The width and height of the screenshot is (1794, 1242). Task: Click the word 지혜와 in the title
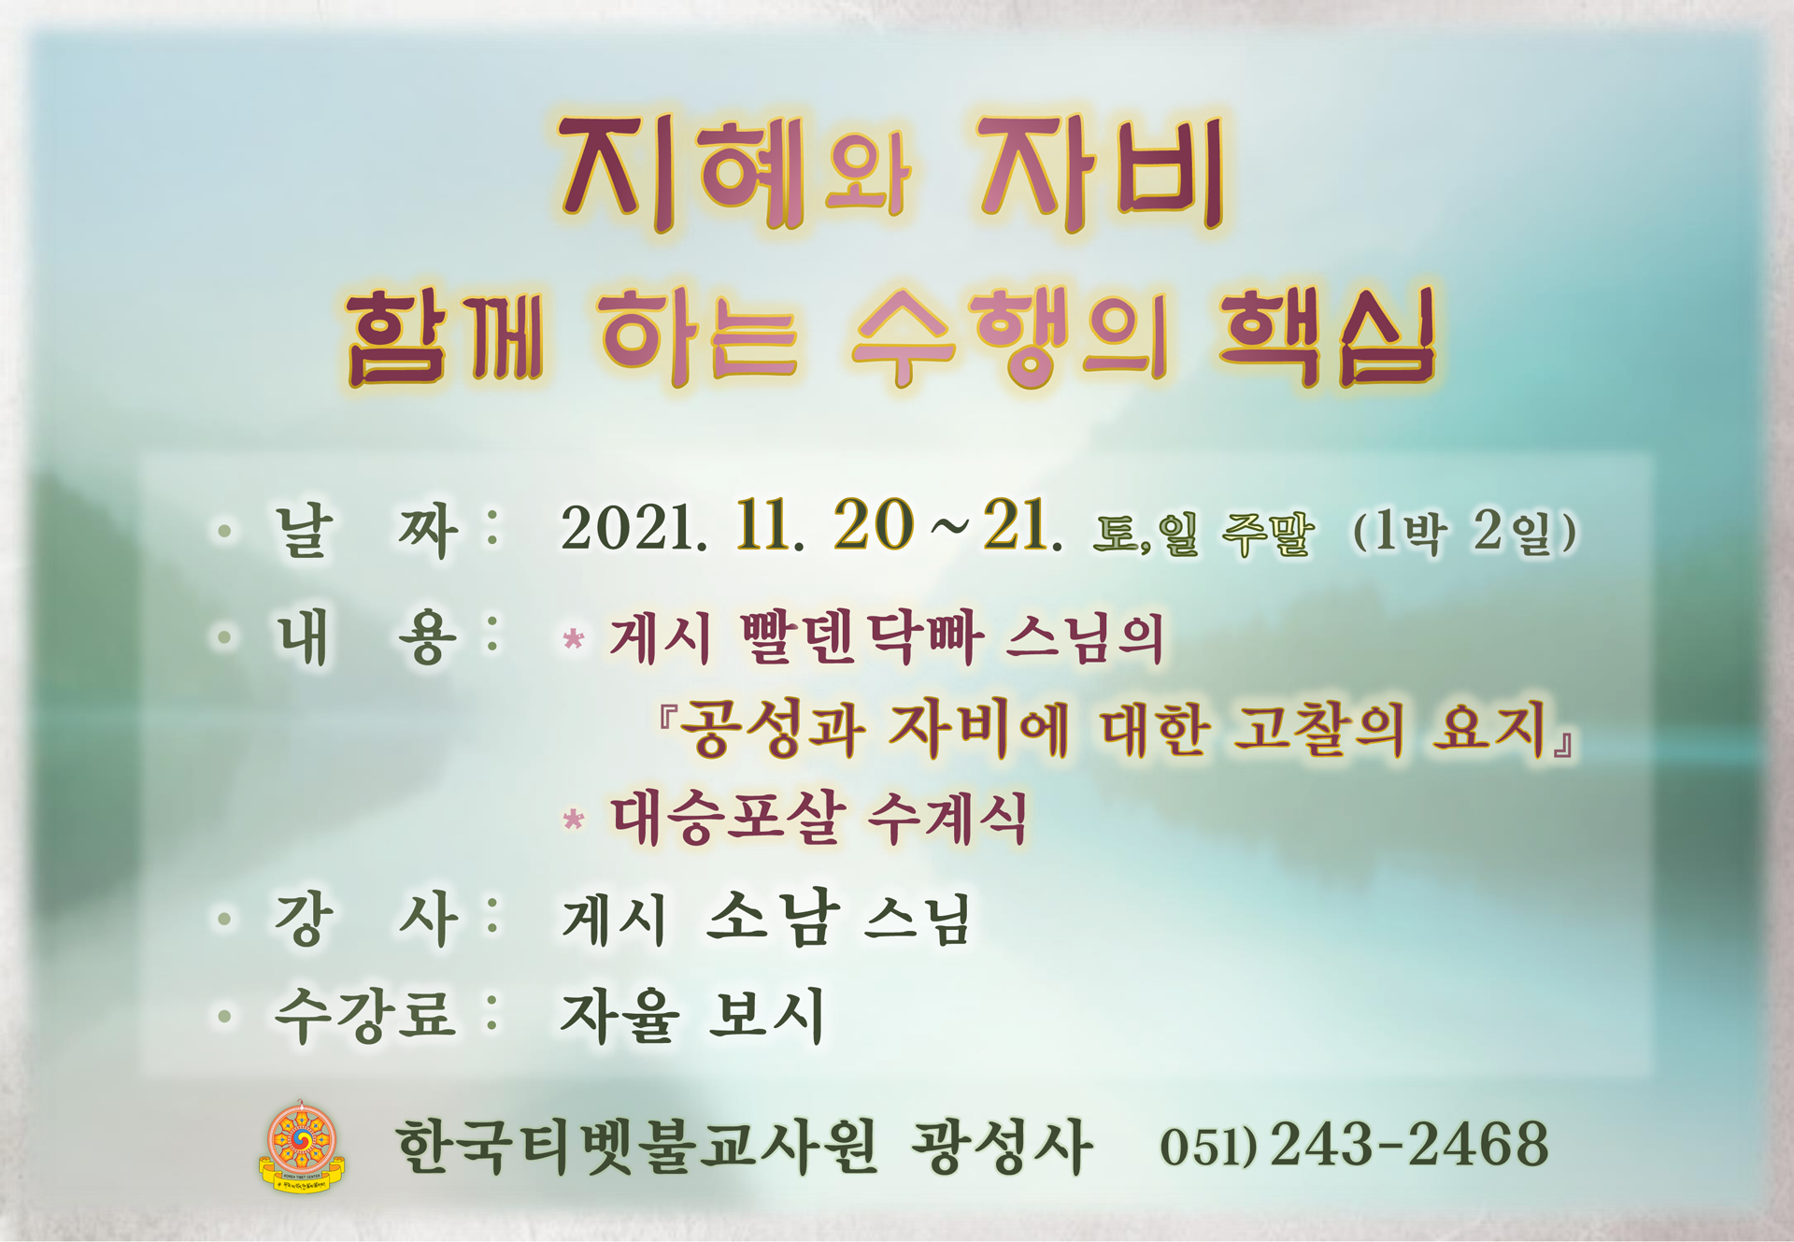(x=733, y=175)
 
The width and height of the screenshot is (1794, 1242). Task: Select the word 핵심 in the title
(x=1327, y=335)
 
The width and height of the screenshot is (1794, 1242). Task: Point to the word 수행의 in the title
(x=1009, y=335)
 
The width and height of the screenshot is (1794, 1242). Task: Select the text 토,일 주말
(x=1203, y=534)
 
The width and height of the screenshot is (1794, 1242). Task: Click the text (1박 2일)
(x=1464, y=532)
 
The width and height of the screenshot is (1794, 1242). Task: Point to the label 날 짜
(x=365, y=531)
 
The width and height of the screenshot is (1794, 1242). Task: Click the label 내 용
(x=365, y=637)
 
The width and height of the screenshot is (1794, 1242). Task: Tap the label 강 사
(x=365, y=919)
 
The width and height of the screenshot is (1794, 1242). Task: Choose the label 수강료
(x=365, y=1015)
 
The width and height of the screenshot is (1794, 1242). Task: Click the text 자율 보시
(x=692, y=1015)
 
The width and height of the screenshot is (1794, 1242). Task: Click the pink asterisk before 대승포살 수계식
(x=574, y=820)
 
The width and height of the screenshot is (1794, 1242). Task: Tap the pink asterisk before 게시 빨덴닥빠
(x=574, y=639)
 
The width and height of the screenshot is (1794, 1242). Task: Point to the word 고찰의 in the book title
(x=1318, y=729)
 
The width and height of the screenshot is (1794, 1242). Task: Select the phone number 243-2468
(x=1409, y=1144)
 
